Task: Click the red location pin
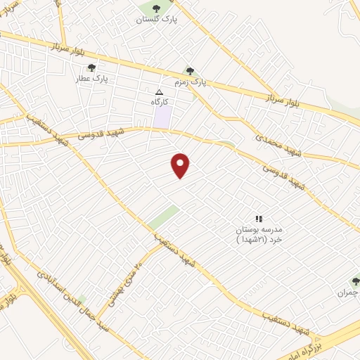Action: point(181,165)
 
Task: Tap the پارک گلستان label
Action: point(157,20)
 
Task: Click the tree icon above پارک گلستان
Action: point(156,8)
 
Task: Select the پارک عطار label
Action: point(93,79)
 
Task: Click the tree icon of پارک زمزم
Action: point(188,70)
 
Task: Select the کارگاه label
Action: point(161,103)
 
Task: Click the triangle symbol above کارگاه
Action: point(159,92)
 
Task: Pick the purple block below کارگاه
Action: point(163,117)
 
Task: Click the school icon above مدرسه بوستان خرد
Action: point(258,219)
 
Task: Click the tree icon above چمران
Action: point(355,280)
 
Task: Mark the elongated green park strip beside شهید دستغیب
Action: point(163,217)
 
